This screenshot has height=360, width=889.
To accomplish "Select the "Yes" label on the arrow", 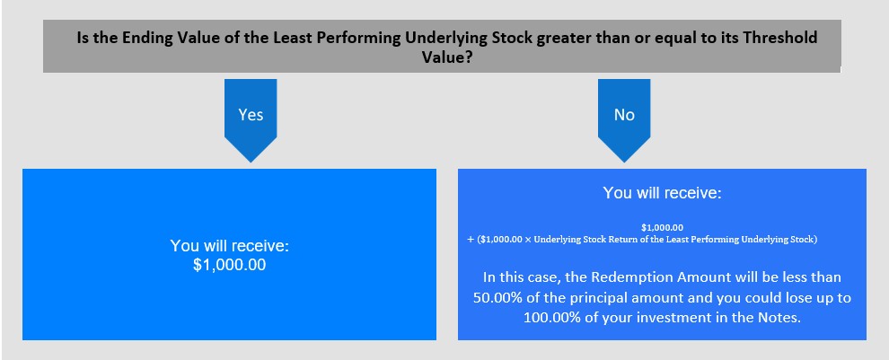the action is [x=251, y=115].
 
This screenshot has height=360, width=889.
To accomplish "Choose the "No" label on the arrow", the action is [x=624, y=115].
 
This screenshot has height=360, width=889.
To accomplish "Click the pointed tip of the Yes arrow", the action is [x=250, y=162].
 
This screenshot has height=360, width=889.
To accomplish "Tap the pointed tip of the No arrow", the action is [x=624, y=162].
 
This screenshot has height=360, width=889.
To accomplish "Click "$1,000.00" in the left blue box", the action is [x=229, y=266].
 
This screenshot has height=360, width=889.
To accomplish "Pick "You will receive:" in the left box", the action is [x=230, y=246].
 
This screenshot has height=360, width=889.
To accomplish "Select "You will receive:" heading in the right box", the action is [x=662, y=193].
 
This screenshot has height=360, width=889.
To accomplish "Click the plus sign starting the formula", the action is [x=470, y=239].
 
